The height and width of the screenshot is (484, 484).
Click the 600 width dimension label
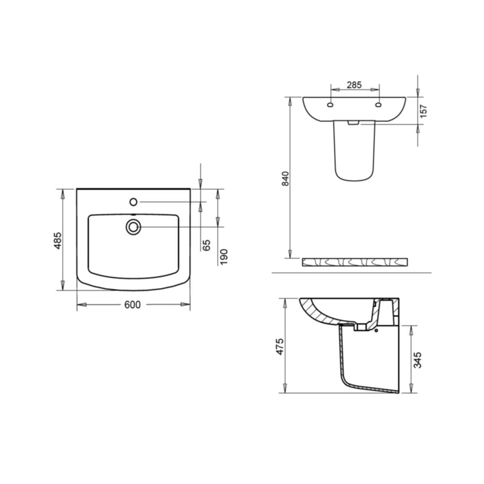coord(132,304)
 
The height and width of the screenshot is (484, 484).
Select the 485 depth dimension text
coord(58,240)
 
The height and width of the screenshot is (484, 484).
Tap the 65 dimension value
coord(207,245)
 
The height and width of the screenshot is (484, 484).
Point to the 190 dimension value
coord(224,256)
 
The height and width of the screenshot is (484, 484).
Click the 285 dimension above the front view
coord(354,85)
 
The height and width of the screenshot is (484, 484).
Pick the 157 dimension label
coord(424,111)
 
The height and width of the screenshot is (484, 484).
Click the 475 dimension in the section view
coord(279,347)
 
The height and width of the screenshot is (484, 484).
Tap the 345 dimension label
coord(418,360)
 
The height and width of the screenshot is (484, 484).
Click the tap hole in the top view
coord(133,201)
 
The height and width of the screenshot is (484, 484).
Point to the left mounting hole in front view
coord(330,104)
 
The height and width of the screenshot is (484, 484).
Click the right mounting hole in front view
coord(378,104)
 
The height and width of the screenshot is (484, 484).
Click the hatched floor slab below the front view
coord(354,262)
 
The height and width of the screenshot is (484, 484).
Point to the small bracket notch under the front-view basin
coord(354,123)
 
